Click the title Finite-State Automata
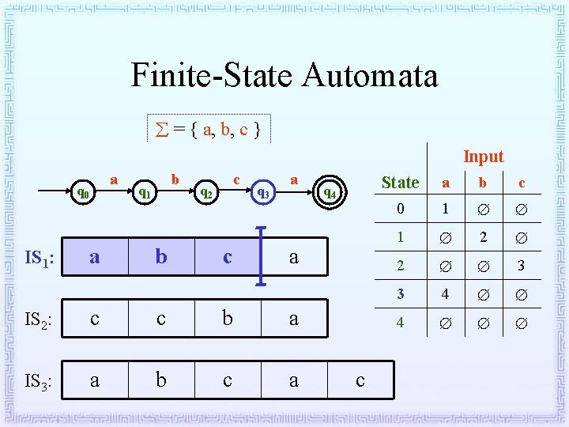284,76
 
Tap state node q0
83,191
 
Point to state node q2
205,191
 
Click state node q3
263,192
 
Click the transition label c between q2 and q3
236,180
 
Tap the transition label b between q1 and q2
175,180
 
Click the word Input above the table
483,157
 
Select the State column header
400,183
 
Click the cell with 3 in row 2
521,266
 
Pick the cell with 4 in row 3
446,294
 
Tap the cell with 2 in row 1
484,237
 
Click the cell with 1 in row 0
446,210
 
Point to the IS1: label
38,257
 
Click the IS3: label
38,382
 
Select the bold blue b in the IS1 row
161,256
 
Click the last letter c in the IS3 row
360,381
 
